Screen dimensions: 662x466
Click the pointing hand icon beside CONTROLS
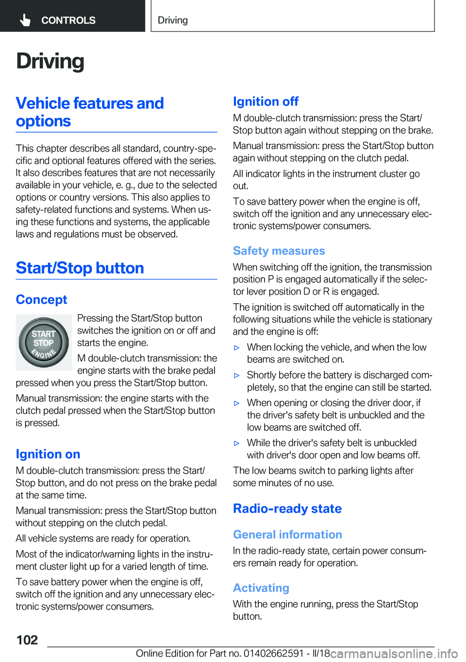tap(25, 20)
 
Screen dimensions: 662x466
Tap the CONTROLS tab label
tap(68, 20)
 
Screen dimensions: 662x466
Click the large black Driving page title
tap(50, 61)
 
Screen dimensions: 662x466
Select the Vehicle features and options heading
tap(90, 112)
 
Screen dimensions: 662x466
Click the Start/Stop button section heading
tap(80, 268)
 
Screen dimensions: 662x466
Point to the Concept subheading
tap(41, 299)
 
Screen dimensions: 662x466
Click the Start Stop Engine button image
tap(44, 342)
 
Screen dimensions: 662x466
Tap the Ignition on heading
tap(48, 454)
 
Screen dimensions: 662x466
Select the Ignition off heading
tap(266, 102)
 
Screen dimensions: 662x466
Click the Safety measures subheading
tap(279, 251)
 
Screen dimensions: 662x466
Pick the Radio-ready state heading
tap(287, 508)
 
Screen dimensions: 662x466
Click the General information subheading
tap(287, 535)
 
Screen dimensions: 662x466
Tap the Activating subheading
tap(261, 588)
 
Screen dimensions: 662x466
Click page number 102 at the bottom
tap(27, 640)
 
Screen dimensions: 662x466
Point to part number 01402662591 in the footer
tap(273, 653)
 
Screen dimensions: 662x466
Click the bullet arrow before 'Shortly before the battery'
tap(237, 375)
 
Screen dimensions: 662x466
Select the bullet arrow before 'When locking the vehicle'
tap(237, 348)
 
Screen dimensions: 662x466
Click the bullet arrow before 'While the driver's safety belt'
tap(237, 443)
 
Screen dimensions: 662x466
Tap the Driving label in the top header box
tap(173, 20)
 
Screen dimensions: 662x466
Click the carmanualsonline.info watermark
tap(394, 654)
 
